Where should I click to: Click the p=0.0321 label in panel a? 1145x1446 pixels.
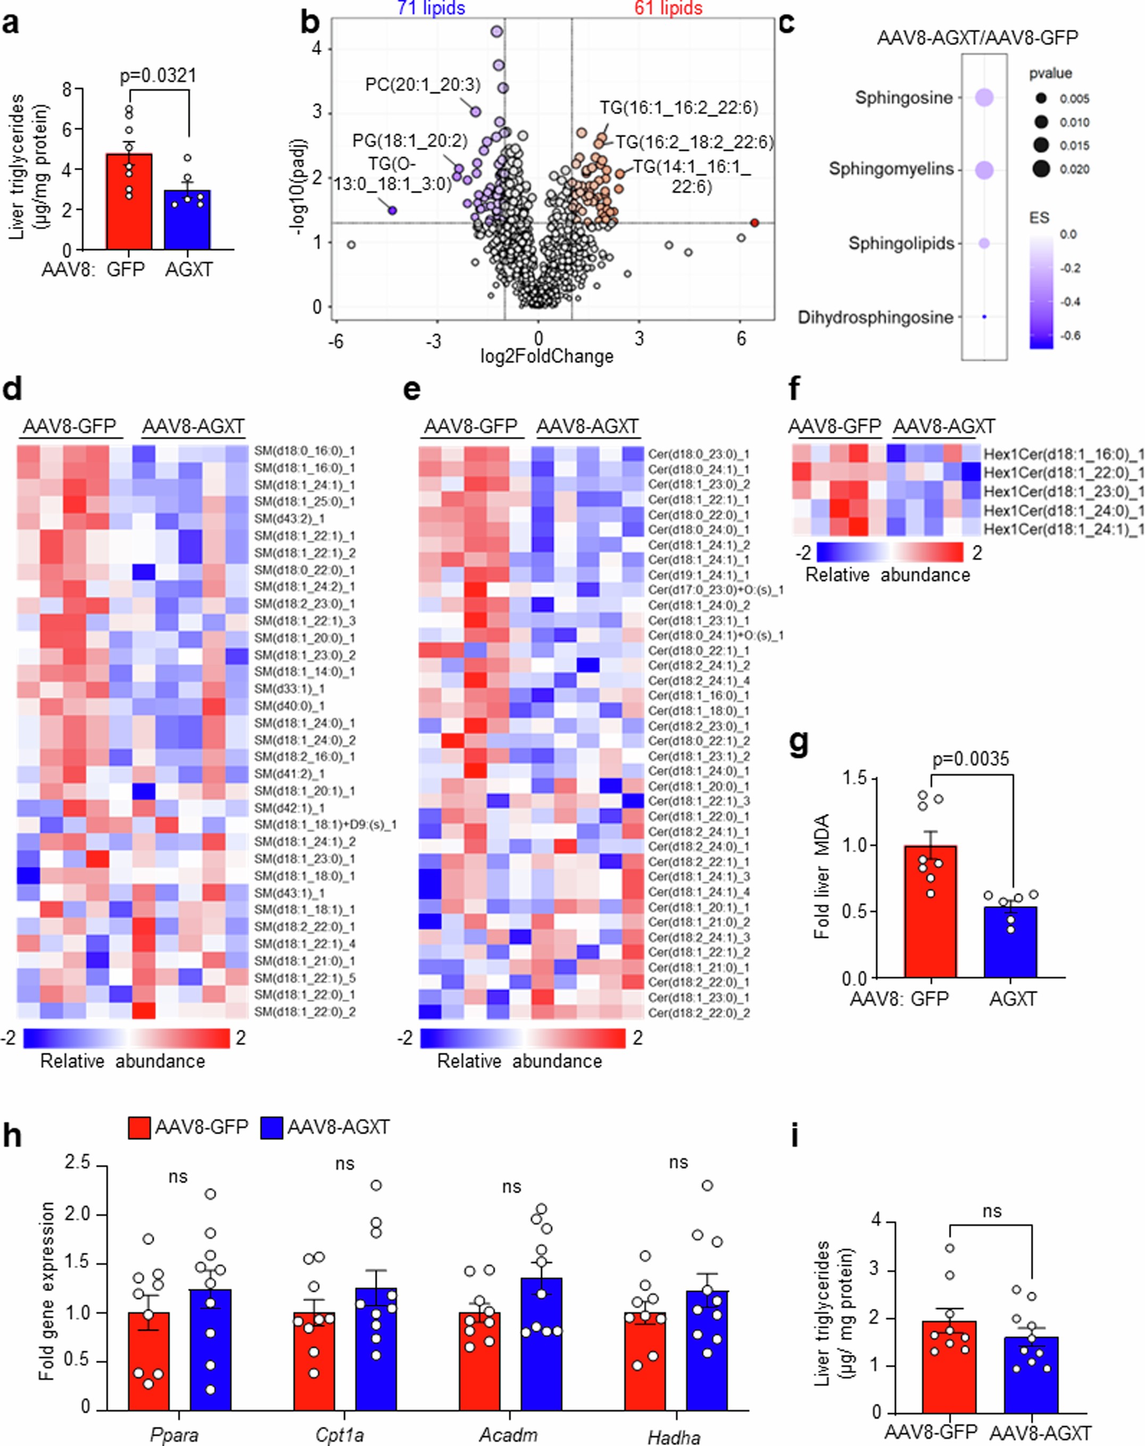point(158,75)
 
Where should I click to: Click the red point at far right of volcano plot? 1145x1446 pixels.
point(755,222)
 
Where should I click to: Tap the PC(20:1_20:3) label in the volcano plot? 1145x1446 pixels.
point(422,85)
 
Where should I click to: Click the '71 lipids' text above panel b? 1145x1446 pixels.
point(431,8)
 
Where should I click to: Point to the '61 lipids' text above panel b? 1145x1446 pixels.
point(668,8)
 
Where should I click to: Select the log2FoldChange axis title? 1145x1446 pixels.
point(546,356)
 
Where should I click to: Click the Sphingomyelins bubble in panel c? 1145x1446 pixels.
point(984,170)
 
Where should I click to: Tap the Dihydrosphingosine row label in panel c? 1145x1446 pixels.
point(875,317)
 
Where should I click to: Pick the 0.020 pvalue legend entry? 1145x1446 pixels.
point(1074,170)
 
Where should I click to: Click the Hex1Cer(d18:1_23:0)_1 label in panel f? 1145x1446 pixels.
point(1063,491)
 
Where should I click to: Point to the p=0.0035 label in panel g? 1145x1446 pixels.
point(970,759)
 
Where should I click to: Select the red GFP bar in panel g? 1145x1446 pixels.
point(930,912)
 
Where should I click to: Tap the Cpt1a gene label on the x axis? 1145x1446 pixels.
point(340,1435)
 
